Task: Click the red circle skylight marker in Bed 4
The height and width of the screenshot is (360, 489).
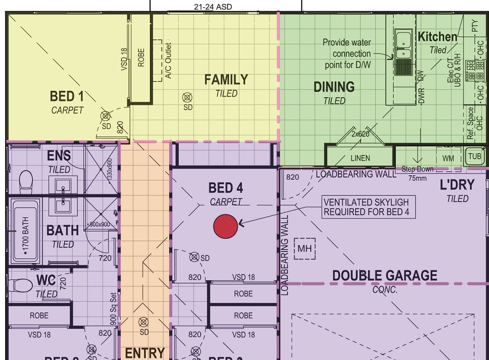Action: coord(225,226)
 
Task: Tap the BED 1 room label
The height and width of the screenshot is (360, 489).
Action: coord(67,97)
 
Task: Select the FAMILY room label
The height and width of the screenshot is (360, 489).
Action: coord(226,80)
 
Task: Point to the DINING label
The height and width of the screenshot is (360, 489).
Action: coord(334,87)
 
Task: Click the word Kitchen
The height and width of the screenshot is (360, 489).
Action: coord(437,37)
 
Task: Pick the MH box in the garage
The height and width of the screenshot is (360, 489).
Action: coord(305,249)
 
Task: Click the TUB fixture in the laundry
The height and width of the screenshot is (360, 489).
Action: coord(475,156)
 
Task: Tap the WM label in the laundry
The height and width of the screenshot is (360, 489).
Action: coord(448,158)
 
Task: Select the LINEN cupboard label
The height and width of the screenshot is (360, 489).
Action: coord(360,158)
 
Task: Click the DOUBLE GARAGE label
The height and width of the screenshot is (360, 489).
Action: coord(385,276)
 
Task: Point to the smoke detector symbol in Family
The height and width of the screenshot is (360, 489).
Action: coord(187,97)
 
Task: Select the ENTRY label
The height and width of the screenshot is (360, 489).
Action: coord(144,353)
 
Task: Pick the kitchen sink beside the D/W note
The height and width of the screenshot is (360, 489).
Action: coord(403,45)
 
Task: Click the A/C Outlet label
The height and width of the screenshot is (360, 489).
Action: coord(168,61)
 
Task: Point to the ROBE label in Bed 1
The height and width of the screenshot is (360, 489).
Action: coord(141,58)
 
